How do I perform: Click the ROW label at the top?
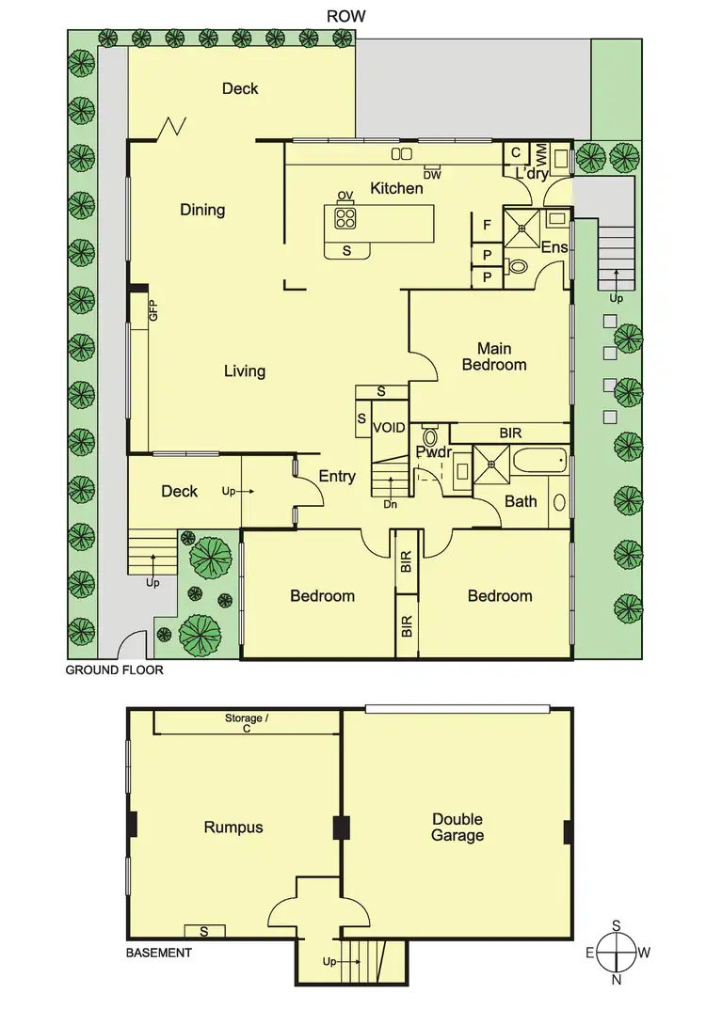click(x=345, y=16)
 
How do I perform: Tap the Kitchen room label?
click(x=396, y=188)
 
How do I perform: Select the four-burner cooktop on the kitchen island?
click(x=345, y=218)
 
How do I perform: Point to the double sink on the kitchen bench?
click(x=402, y=153)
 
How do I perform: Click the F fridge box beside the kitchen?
click(x=487, y=226)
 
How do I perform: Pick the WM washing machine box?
click(x=541, y=153)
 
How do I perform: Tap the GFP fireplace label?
click(x=152, y=312)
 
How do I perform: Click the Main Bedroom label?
click(x=493, y=356)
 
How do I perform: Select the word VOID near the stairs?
click(x=389, y=428)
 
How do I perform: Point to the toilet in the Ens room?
click(x=517, y=266)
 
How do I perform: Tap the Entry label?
click(x=337, y=477)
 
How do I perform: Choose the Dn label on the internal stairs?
click(x=390, y=504)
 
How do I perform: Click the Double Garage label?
click(x=457, y=828)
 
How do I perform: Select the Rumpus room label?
click(x=233, y=828)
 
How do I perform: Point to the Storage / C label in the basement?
click(x=247, y=722)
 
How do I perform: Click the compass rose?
click(x=617, y=952)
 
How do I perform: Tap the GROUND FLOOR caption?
click(x=114, y=670)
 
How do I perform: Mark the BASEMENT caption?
click(x=159, y=953)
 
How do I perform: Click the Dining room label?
click(x=202, y=210)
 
